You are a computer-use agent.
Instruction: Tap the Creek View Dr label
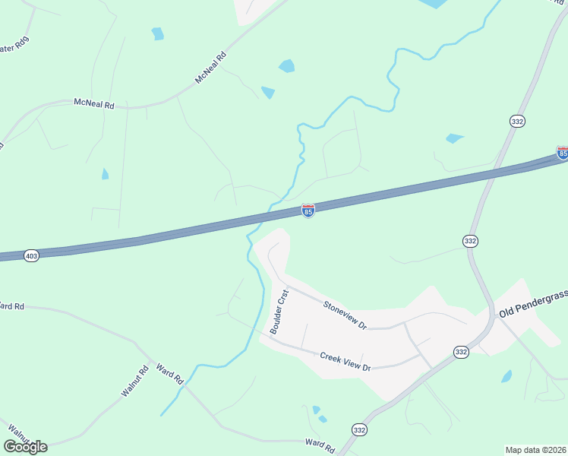[345, 361]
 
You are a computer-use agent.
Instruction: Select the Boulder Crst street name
[279, 311]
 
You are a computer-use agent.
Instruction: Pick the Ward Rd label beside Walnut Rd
[169, 374]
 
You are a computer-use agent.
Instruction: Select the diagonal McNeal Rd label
[211, 68]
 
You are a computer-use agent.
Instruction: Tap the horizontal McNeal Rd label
[93, 104]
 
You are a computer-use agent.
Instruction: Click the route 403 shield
[31, 256]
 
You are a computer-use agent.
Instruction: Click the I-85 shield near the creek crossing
[308, 211]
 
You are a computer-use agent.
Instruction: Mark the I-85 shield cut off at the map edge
[562, 153]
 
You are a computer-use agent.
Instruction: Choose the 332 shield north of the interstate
[517, 122]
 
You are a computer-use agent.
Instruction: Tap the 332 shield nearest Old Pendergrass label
[461, 351]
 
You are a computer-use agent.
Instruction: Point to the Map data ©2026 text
[535, 449]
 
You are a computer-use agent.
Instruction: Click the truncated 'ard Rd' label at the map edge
[12, 306]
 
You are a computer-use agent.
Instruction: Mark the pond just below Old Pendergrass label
[506, 376]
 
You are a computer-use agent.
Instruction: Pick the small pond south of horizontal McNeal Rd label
[105, 174]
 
